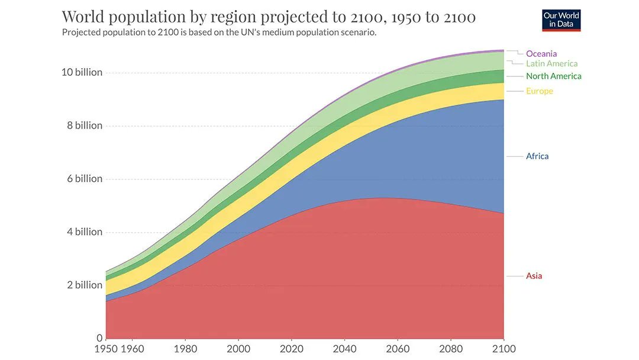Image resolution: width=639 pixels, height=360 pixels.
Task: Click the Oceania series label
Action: coord(541,54)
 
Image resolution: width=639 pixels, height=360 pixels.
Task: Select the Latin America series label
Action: coord(551,63)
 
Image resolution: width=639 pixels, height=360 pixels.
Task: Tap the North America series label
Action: coord(553,76)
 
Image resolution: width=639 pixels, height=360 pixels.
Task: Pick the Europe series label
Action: coord(539,91)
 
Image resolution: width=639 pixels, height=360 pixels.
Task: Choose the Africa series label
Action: coord(537,156)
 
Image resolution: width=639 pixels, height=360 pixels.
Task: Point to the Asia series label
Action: coord(534,276)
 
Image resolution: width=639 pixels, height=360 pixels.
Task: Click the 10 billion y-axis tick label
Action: coord(82,72)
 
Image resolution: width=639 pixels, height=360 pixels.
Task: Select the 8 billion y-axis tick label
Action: coord(84,126)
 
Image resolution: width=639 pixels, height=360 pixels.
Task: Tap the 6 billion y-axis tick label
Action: coord(84,179)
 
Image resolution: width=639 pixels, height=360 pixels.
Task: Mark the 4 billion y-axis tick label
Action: coord(84,232)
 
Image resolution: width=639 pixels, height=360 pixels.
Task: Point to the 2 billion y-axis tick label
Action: coord(84,285)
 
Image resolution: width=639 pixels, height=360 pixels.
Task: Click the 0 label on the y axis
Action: coord(99,338)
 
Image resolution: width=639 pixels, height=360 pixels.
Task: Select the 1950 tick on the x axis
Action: coord(106,349)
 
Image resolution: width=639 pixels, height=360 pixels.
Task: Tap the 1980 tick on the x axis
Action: coord(185,349)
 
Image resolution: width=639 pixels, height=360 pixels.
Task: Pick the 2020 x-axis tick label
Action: coord(291,349)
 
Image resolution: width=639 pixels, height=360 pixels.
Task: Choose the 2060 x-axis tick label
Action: coord(397,349)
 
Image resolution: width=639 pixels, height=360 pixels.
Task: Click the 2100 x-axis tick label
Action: coord(503,349)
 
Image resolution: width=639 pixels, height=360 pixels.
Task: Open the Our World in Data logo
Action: coord(561,20)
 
